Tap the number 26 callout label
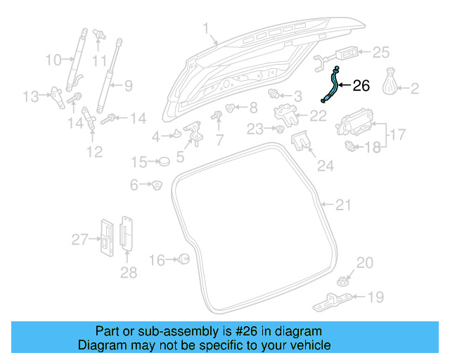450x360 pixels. pyautogui.click(x=360, y=86)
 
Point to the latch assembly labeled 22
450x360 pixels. pyautogui.click(x=285, y=112)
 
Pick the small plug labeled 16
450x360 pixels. pyautogui.click(x=183, y=259)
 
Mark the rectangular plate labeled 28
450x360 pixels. pyautogui.click(x=127, y=232)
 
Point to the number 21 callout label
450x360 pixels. pyautogui.click(x=342, y=205)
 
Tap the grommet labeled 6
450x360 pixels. pyautogui.click(x=156, y=185)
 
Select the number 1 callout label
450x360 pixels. pyautogui.click(x=206, y=30)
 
